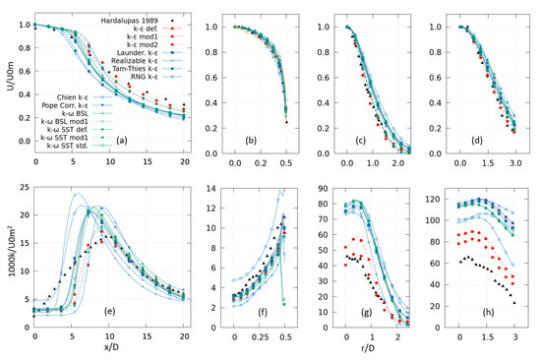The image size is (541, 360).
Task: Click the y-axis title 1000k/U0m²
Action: (8, 256)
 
